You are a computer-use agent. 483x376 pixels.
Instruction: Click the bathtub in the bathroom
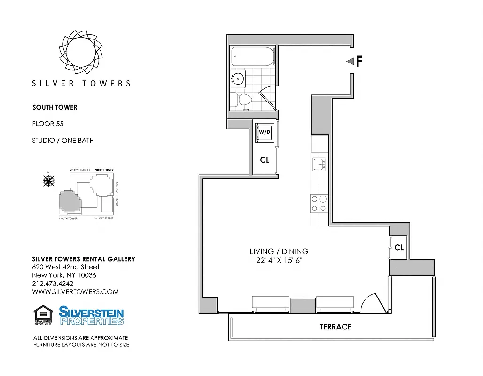click(253, 57)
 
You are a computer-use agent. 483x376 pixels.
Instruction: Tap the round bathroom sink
click(237, 78)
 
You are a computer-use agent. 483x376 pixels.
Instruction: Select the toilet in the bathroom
click(242, 99)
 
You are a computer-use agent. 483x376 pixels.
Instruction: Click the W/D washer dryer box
click(264, 133)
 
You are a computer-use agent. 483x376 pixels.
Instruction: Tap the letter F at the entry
click(359, 62)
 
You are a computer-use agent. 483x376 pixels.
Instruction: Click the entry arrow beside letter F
click(350, 62)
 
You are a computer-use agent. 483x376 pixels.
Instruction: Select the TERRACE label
click(335, 327)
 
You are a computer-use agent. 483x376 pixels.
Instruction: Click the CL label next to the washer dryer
click(265, 160)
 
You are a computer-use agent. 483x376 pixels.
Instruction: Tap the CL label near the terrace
click(399, 247)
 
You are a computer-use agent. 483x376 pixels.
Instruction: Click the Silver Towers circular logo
click(81, 50)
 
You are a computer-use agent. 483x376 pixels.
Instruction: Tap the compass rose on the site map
click(48, 180)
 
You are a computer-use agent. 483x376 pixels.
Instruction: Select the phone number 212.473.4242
click(53, 283)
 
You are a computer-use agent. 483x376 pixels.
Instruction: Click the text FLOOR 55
click(48, 124)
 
